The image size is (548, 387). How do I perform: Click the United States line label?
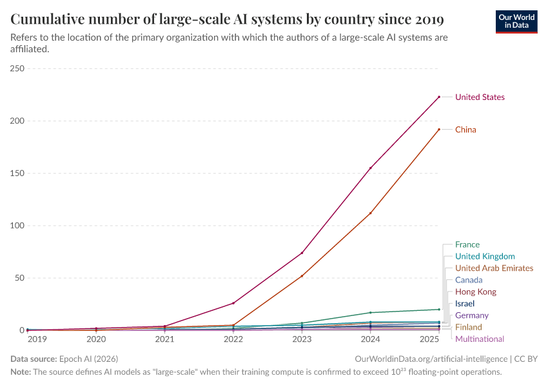[480, 97]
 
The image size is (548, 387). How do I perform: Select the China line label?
[465, 130]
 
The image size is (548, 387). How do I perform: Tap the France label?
[467, 244]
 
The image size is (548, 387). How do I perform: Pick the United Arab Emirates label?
[494, 268]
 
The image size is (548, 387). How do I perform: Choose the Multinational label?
[479, 339]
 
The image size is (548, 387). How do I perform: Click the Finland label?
[468, 328]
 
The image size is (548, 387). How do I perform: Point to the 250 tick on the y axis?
[17, 68]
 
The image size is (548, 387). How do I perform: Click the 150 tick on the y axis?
[17, 174]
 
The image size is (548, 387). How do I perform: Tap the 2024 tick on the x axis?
[370, 339]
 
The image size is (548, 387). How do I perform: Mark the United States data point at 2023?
[302, 253]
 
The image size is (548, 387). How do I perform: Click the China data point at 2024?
[370, 213]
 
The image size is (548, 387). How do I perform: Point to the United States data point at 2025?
[439, 97]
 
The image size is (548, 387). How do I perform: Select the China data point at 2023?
[302, 276]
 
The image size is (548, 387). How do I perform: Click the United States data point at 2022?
[233, 303]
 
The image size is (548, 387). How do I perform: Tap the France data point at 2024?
[370, 313]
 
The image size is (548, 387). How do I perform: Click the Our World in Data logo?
[516, 21]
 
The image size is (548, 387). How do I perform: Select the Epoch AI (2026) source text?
[88, 358]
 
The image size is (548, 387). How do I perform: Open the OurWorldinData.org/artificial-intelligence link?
[431, 358]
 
